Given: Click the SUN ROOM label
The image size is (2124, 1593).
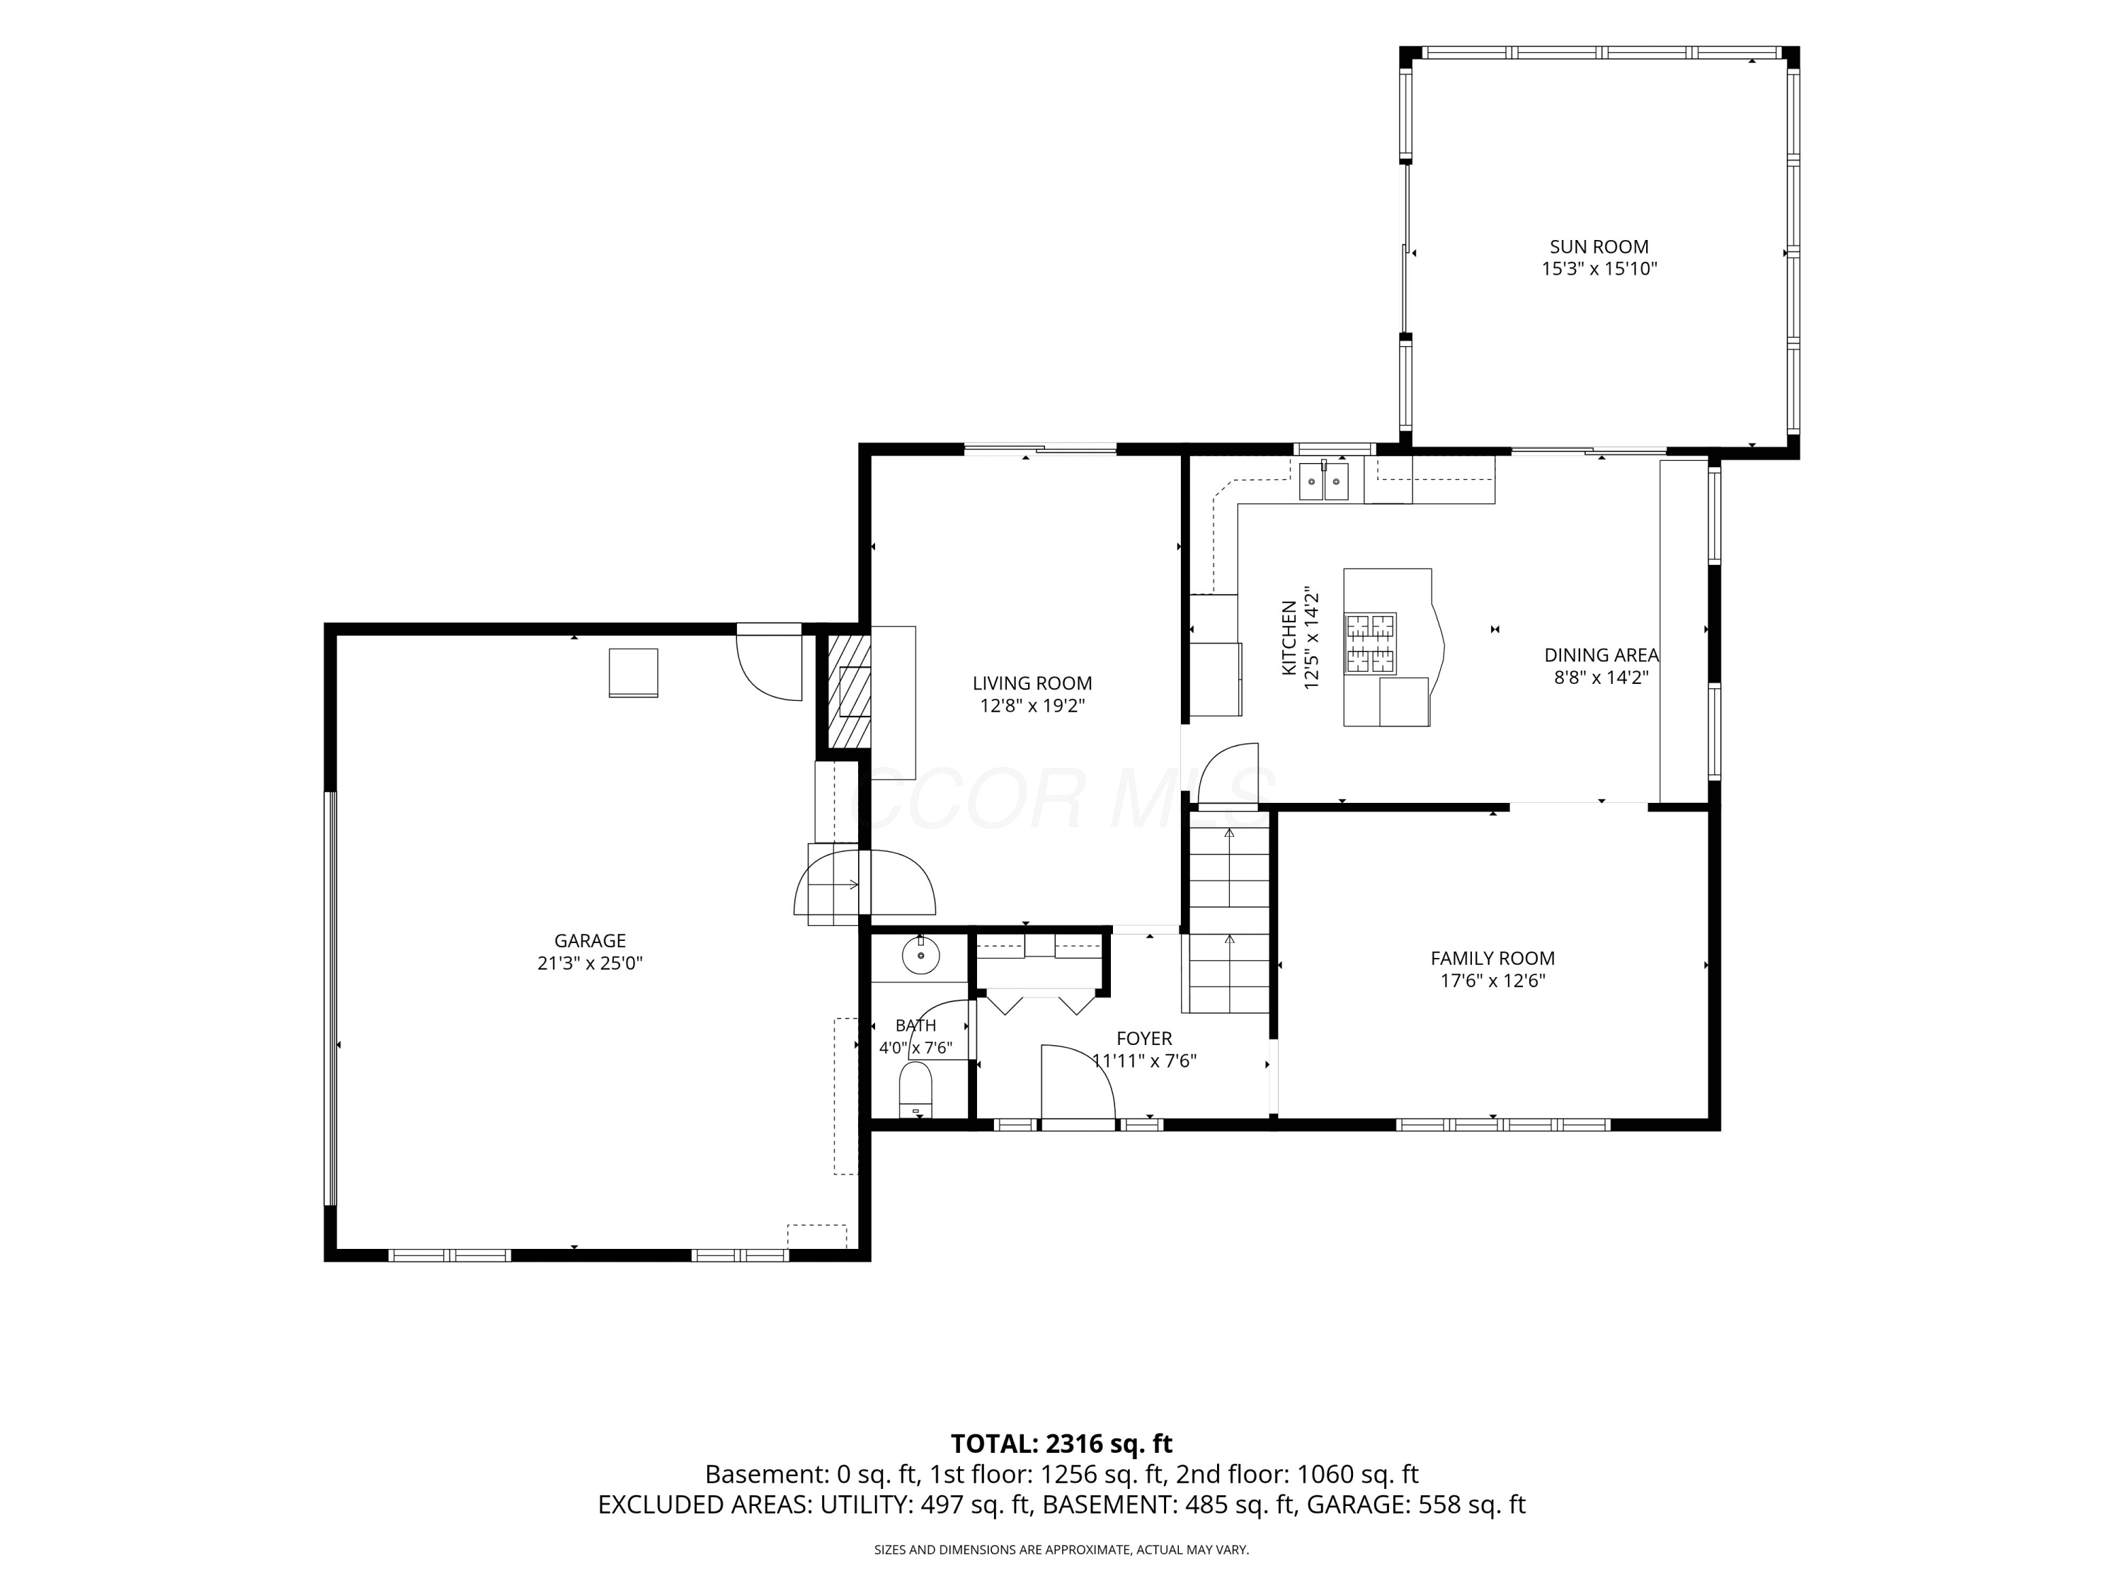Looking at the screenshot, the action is [1599, 247].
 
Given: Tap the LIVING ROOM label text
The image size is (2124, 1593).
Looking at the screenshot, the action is [1032, 684].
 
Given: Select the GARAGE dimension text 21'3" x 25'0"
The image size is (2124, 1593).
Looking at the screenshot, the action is [590, 963].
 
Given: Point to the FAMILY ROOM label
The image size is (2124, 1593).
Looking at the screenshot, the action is [1492, 959].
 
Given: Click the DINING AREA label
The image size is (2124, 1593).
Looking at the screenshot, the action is [1601, 655].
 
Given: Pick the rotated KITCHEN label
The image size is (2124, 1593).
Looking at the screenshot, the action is [1289, 638].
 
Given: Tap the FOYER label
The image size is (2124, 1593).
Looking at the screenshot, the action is [1143, 1038].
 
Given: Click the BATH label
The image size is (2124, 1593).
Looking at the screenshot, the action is [915, 1025].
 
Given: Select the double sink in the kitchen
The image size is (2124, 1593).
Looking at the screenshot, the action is [1323, 480].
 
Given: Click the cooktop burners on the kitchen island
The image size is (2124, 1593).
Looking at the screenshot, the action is [1370, 644].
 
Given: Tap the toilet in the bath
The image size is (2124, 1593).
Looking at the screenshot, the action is [915, 1091].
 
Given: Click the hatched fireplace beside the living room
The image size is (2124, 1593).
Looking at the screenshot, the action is [849, 688].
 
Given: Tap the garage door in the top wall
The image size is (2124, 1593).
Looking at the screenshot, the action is [769, 663].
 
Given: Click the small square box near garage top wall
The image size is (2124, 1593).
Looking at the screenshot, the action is [634, 672].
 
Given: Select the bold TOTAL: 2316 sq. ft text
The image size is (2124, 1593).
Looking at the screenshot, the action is [1061, 1444].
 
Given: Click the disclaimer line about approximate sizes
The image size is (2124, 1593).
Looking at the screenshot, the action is [1061, 1550].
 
